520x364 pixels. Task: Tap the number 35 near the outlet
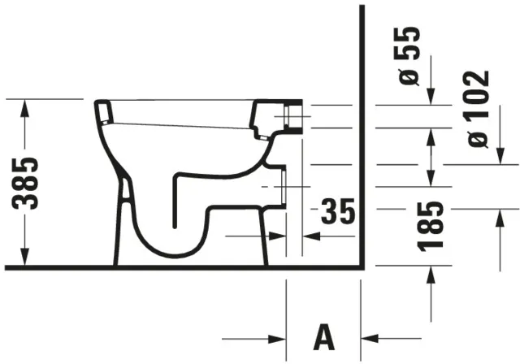click(336, 212)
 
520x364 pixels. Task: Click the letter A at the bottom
click(323, 336)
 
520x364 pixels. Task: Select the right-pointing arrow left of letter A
click(276, 337)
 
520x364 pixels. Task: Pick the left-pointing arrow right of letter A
click(370, 337)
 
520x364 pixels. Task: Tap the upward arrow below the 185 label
click(431, 273)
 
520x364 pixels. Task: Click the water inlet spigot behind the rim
click(292, 116)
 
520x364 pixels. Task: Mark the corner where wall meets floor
click(361, 266)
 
